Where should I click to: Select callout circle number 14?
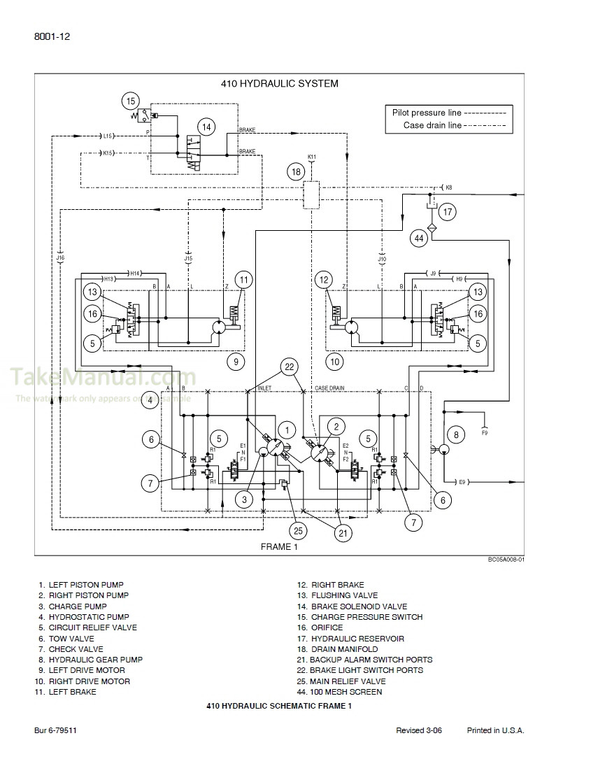(206, 127)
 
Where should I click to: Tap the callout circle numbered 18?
(296, 172)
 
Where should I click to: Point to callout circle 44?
(419, 238)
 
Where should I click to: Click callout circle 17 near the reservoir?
(448, 211)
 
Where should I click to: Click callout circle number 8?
(456, 434)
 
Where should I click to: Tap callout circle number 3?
(244, 499)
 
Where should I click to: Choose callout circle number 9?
(236, 362)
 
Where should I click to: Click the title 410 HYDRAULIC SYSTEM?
(279, 83)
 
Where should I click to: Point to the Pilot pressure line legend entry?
(448, 113)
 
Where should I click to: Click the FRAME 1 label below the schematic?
(279, 547)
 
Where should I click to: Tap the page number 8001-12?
(51, 36)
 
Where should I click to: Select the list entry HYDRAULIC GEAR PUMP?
(95, 660)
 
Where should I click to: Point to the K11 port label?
(312, 157)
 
